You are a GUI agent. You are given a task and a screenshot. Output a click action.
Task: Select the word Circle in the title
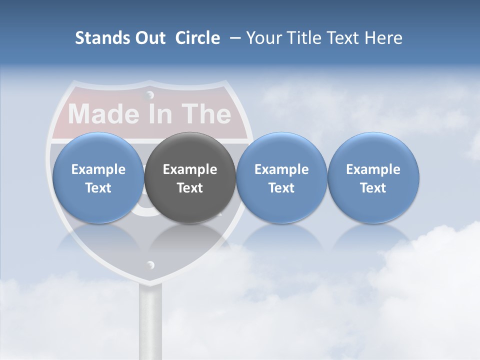(197, 38)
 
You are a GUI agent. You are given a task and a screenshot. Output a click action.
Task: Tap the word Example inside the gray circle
(190, 169)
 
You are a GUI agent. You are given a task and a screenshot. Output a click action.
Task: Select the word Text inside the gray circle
(190, 188)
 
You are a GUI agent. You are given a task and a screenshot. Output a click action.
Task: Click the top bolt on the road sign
(149, 94)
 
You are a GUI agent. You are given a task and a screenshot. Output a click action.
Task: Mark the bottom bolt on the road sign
(150, 264)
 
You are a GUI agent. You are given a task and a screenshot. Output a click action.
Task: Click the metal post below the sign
(150, 320)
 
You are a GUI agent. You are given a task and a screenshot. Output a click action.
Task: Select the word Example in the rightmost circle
(373, 169)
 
